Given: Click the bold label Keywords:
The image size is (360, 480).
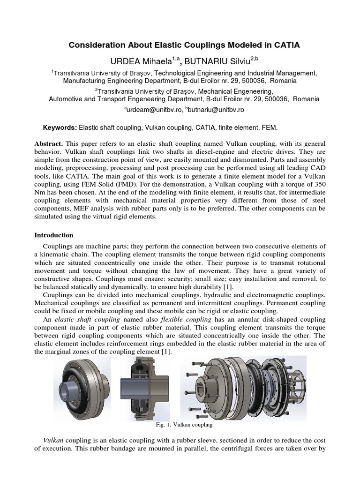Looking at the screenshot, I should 60,127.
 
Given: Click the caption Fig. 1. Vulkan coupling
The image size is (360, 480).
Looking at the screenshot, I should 184,425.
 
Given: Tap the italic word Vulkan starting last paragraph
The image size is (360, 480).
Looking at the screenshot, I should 53,441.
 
